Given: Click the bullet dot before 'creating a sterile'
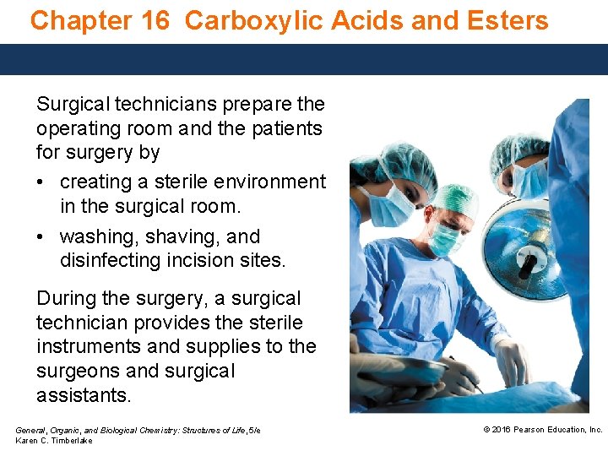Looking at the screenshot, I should pyautogui.click(x=43, y=182).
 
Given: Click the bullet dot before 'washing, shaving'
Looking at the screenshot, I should pyautogui.click(x=43, y=237).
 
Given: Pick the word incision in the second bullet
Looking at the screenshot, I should pyautogui.click(x=199, y=261).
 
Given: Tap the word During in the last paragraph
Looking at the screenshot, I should pyautogui.click(x=68, y=299).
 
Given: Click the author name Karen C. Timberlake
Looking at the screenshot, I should pyautogui.click(x=54, y=440).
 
